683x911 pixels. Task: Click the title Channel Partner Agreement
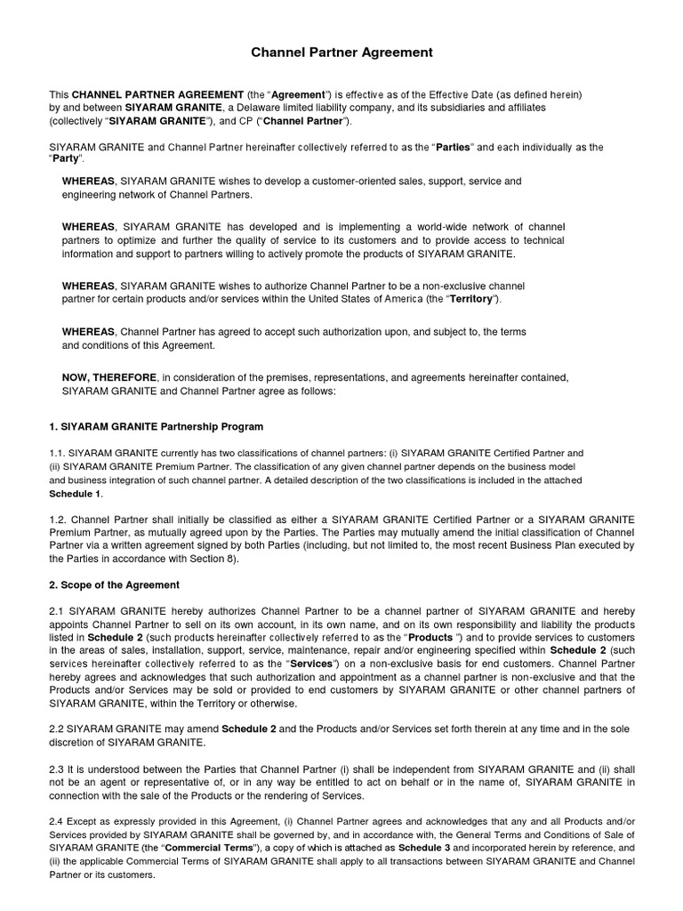341,52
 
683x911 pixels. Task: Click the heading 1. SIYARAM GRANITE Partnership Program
156,427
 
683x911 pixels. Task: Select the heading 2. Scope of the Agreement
115,584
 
